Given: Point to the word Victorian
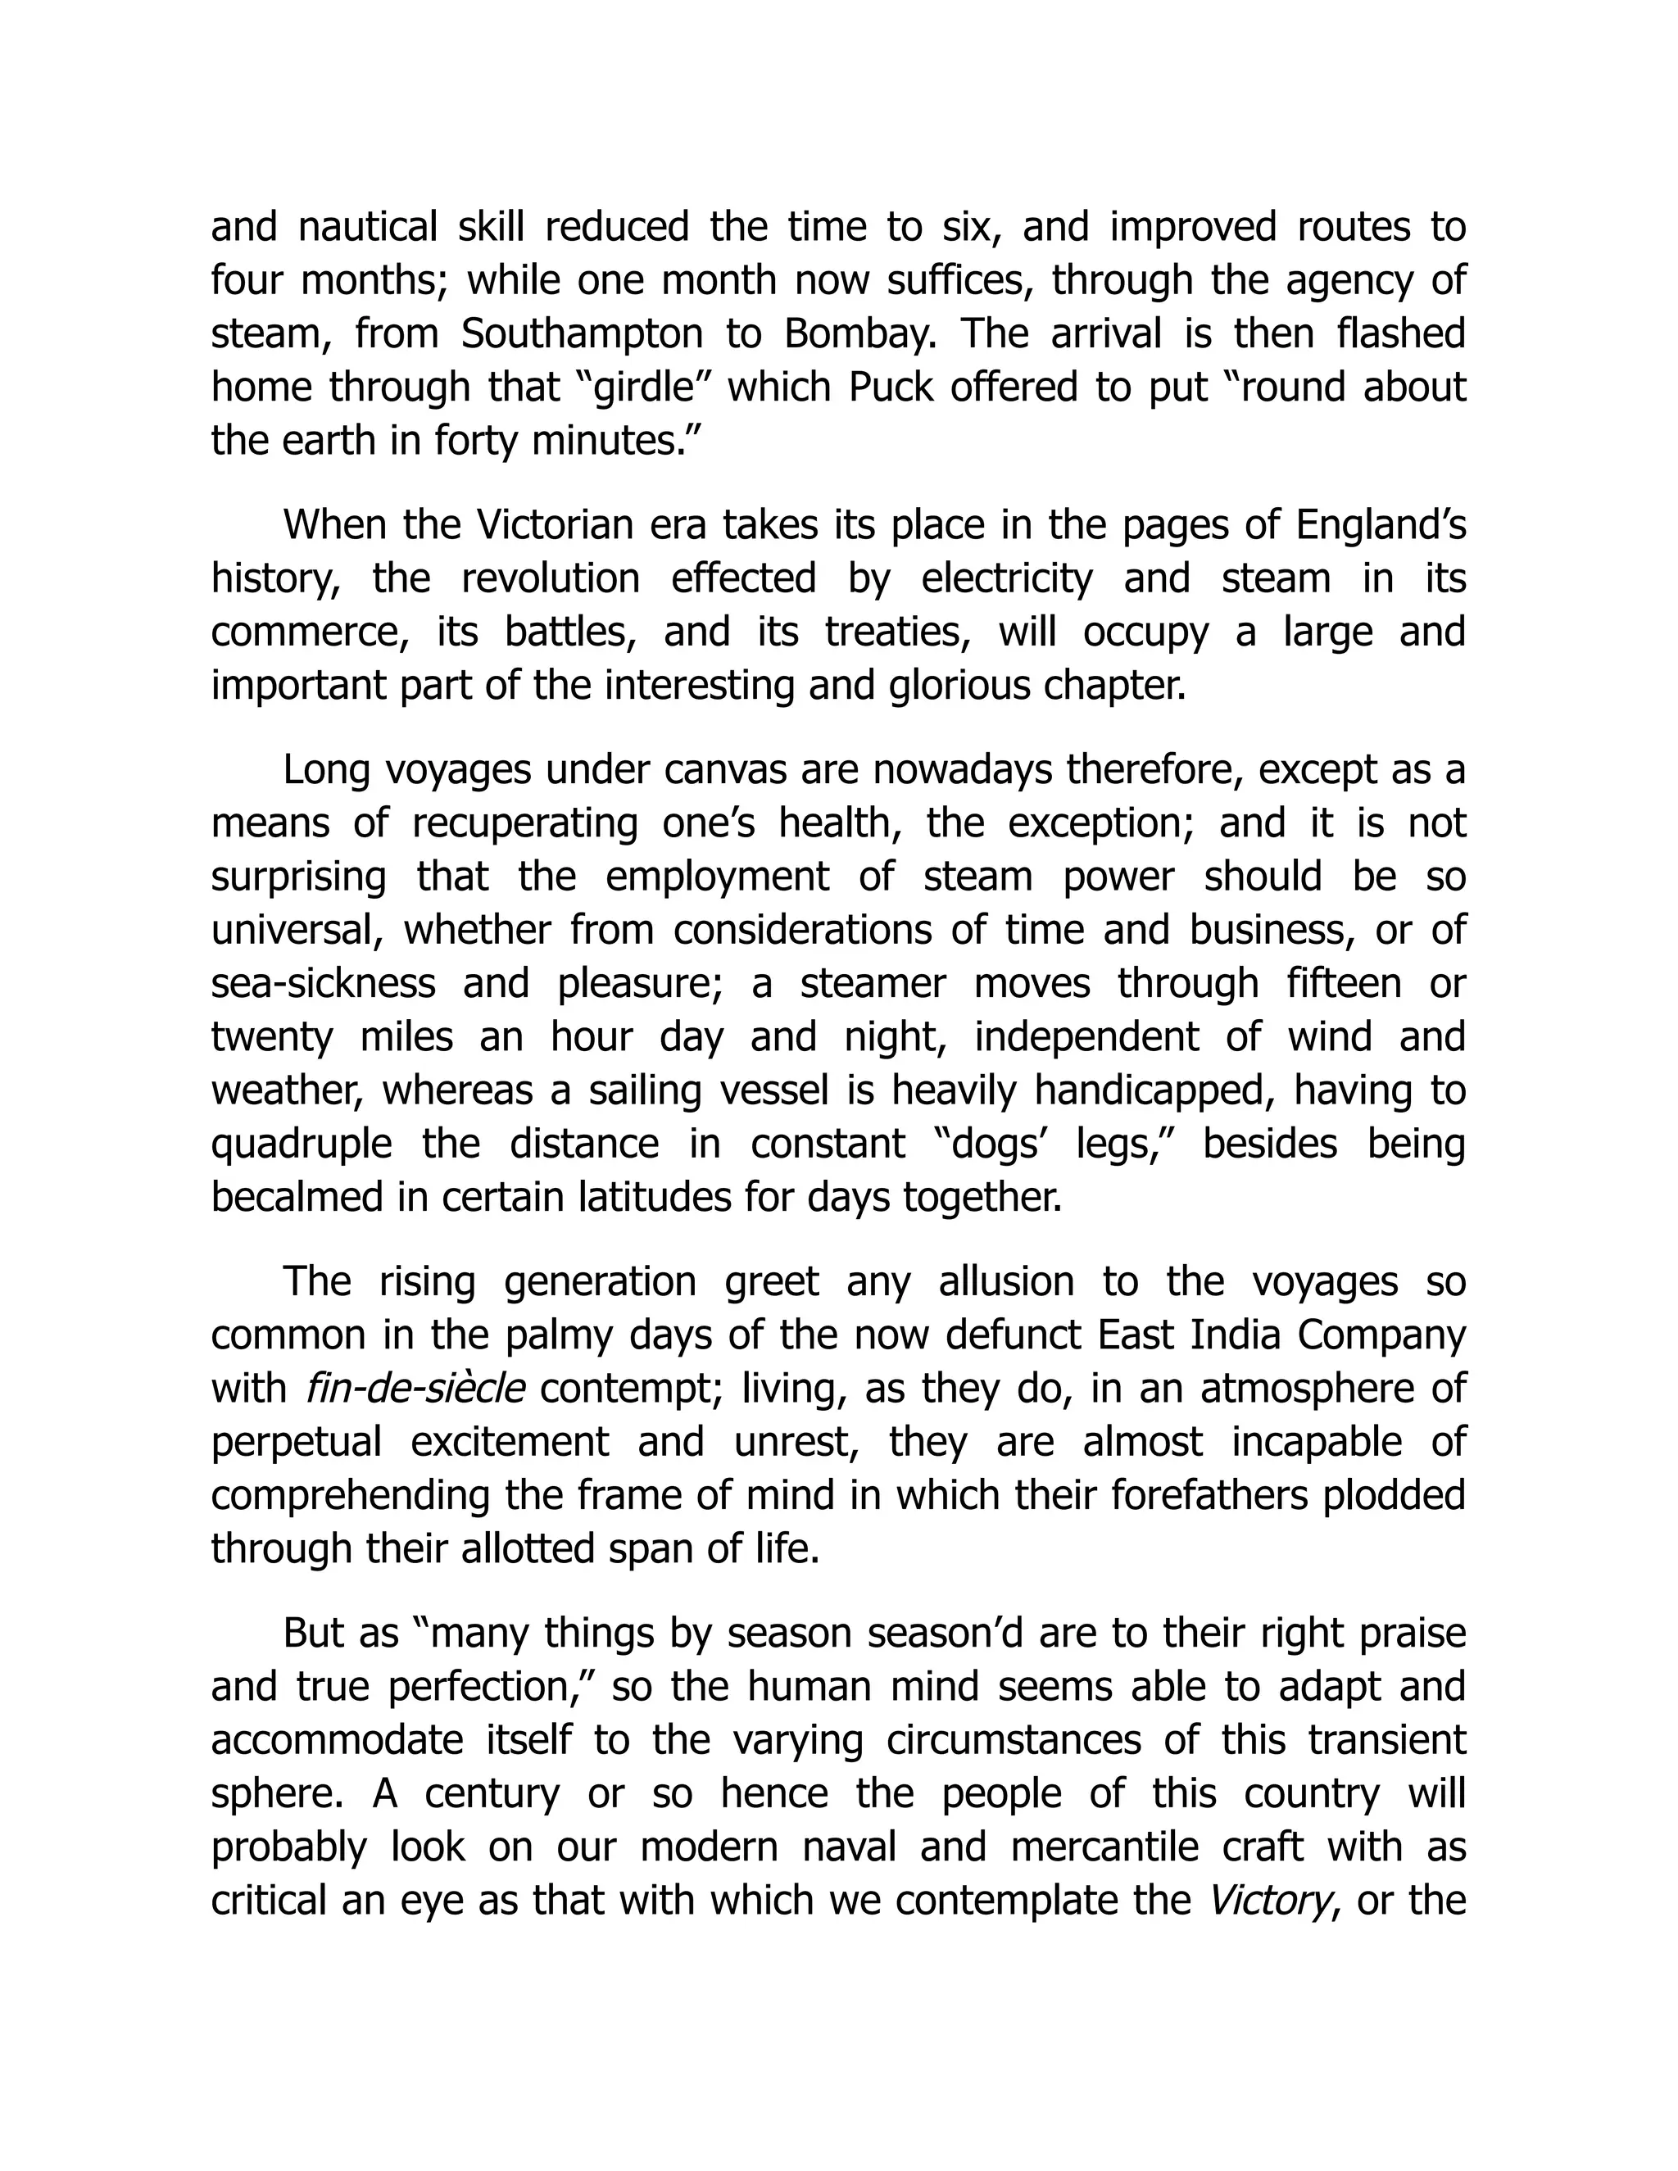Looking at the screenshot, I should tap(556, 525).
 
